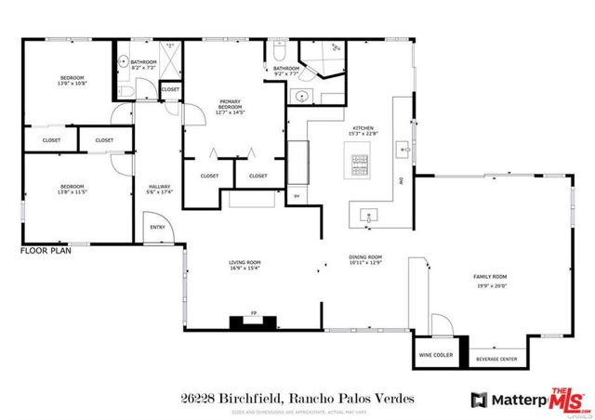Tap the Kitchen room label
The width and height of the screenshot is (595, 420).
[363, 129]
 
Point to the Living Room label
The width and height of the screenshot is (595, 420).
[243, 266]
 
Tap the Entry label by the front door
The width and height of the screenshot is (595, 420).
[155, 227]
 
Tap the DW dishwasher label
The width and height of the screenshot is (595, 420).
[402, 182]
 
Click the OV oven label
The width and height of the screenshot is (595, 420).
[297, 196]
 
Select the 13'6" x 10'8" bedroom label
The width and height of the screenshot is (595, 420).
[73, 81]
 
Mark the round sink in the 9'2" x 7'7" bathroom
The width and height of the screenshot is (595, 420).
[301, 96]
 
